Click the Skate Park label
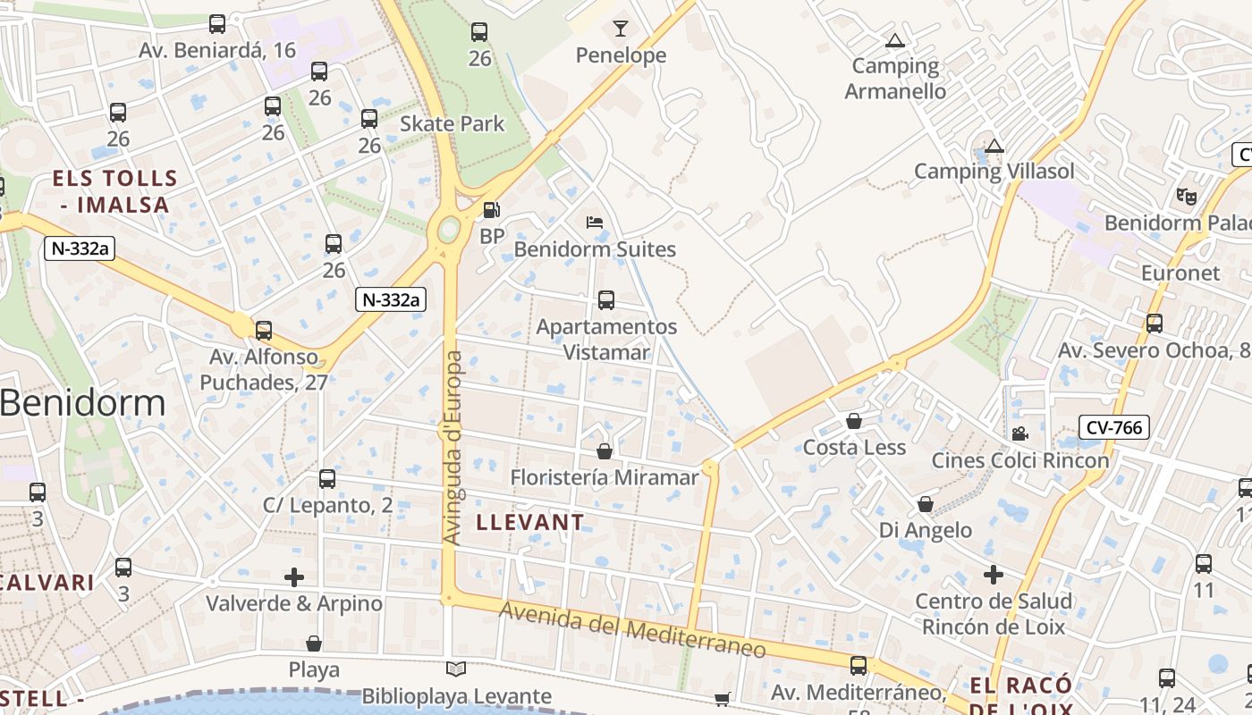(x=452, y=123)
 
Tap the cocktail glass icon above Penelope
(x=621, y=29)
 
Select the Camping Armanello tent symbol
(x=894, y=40)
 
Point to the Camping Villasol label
(x=994, y=171)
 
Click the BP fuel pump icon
(x=491, y=210)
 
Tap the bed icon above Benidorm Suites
(x=594, y=223)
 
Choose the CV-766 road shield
(x=1113, y=427)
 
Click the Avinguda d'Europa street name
(x=453, y=447)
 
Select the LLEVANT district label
(x=530, y=522)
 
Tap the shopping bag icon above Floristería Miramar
(x=605, y=451)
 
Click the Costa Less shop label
(x=854, y=447)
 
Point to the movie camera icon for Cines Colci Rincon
(x=1019, y=434)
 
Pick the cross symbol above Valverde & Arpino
(x=294, y=577)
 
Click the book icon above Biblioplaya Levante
(x=456, y=669)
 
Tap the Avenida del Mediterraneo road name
(x=632, y=629)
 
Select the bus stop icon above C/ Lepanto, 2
(x=327, y=479)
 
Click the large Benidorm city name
(x=82, y=402)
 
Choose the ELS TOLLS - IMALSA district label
(x=114, y=191)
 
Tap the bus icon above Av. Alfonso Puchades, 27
(x=263, y=331)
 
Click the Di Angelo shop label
(x=925, y=530)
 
